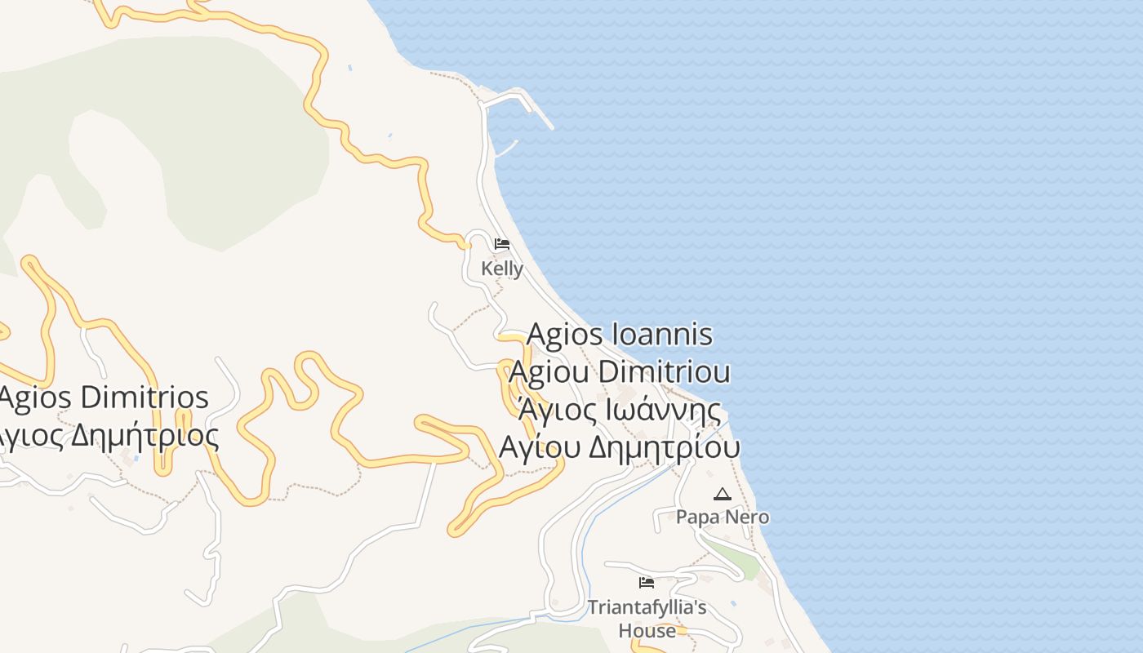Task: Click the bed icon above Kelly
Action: (x=502, y=244)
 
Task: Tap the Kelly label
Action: (x=502, y=268)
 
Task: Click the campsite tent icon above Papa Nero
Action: (x=722, y=494)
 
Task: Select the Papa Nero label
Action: (x=722, y=517)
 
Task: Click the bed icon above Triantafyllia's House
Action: (x=647, y=583)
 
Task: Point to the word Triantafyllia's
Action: (x=647, y=607)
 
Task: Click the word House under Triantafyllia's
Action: (x=647, y=630)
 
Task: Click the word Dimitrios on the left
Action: (x=145, y=398)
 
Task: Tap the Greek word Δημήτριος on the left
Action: (x=145, y=436)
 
